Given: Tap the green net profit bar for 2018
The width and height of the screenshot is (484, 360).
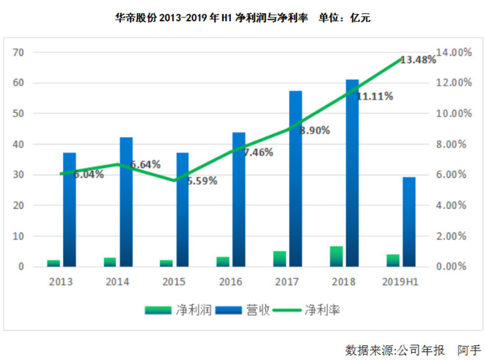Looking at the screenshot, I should click(337, 257).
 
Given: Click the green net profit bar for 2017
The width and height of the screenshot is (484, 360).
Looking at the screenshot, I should click(280, 259).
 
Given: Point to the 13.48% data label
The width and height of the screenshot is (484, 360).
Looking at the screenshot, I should click(418, 60).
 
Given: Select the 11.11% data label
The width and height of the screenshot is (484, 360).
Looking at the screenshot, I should click(374, 96).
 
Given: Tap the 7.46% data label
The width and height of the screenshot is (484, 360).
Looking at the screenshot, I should click(255, 153).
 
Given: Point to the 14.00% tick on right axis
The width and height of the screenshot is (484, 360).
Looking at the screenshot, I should click(454, 53).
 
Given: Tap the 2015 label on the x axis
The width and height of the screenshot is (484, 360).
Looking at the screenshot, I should click(175, 281).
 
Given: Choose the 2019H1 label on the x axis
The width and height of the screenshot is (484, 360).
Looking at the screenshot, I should click(400, 281).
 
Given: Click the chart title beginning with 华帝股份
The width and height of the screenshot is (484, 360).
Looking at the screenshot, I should click(243, 18).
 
